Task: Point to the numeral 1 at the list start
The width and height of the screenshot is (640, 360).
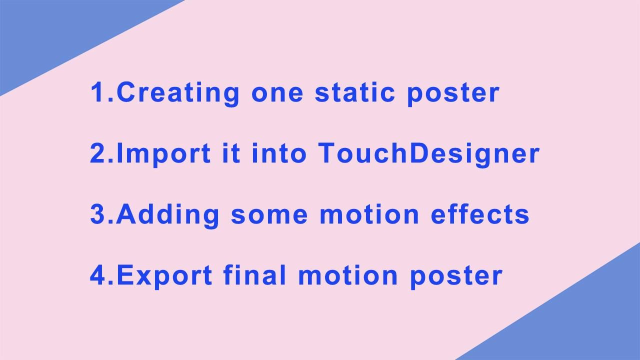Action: click(97, 93)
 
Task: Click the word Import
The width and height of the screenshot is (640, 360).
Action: click(163, 154)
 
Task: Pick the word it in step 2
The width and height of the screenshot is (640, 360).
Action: click(231, 153)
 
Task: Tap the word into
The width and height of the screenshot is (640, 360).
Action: click(278, 153)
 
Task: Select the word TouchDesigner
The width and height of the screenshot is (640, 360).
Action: click(429, 154)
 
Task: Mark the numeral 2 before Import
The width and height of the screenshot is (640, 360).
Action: click(97, 153)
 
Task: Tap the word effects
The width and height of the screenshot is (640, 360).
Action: click(480, 214)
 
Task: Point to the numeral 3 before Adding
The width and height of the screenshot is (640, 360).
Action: click(97, 214)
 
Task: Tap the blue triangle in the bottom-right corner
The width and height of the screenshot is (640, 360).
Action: click(590, 325)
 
